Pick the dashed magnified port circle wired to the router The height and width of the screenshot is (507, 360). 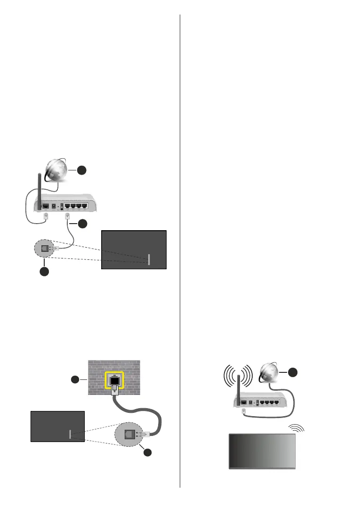click(x=45, y=248)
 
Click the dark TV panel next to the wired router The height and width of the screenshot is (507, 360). click(x=134, y=249)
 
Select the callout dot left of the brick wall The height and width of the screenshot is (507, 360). click(x=74, y=379)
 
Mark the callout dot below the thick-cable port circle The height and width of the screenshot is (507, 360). click(x=148, y=452)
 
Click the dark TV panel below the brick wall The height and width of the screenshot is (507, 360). click(x=57, y=426)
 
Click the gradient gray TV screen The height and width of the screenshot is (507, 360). click(x=262, y=451)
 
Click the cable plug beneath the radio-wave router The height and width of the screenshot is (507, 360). click(x=243, y=410)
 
